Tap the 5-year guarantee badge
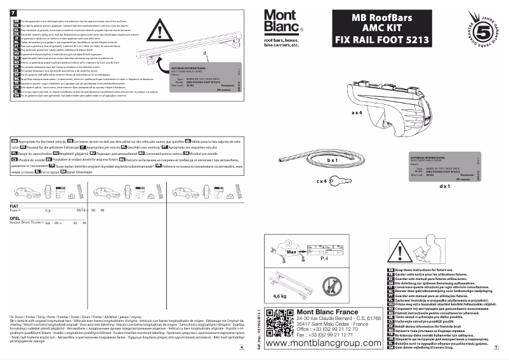486,31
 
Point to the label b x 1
333,161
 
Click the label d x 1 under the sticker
444,186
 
